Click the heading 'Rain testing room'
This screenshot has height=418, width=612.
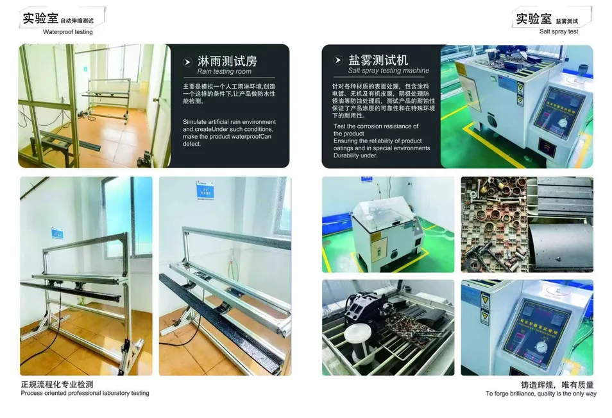tap(224, 71)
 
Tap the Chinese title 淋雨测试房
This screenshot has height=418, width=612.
tap(227, 61)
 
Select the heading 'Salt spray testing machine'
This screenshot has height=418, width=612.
tap(388, 71)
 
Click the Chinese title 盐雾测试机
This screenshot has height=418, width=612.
tap(378, 60)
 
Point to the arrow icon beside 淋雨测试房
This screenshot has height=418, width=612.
tap(188, 62)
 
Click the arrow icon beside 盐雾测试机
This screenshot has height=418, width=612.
tap(338, 60)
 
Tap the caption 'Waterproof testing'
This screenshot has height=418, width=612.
tap(67, 32)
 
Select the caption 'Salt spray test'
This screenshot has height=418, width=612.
tap(559, 31)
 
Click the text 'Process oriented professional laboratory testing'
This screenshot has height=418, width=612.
tap(85, 393)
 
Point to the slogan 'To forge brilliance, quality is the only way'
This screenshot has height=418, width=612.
tap(541, 394)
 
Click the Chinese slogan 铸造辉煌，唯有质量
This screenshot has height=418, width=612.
tap(557, 385)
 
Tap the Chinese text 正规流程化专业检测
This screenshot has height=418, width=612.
tap(57, 385)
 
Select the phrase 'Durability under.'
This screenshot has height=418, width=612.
tap(355, 155)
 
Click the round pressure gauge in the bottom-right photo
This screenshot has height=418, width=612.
tap(541, 347)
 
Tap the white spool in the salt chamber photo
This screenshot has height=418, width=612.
tap(358, 341)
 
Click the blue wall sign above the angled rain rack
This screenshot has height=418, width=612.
tap(205, 190)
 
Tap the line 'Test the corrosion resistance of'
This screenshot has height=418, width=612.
tap(376, 126)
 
